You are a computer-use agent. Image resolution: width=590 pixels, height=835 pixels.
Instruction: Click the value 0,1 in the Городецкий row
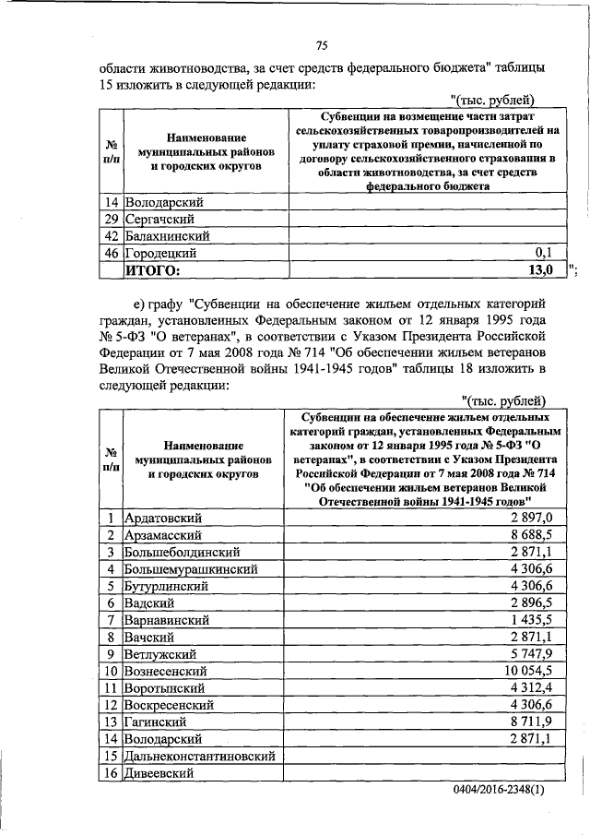pyautogui.click(x=544, y=252)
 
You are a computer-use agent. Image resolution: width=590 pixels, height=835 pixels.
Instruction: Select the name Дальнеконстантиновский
pyautogui.click(x=201, y=756)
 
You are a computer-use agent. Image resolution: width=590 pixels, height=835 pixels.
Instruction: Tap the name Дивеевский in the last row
pyautogui.click(x=159, y=773)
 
